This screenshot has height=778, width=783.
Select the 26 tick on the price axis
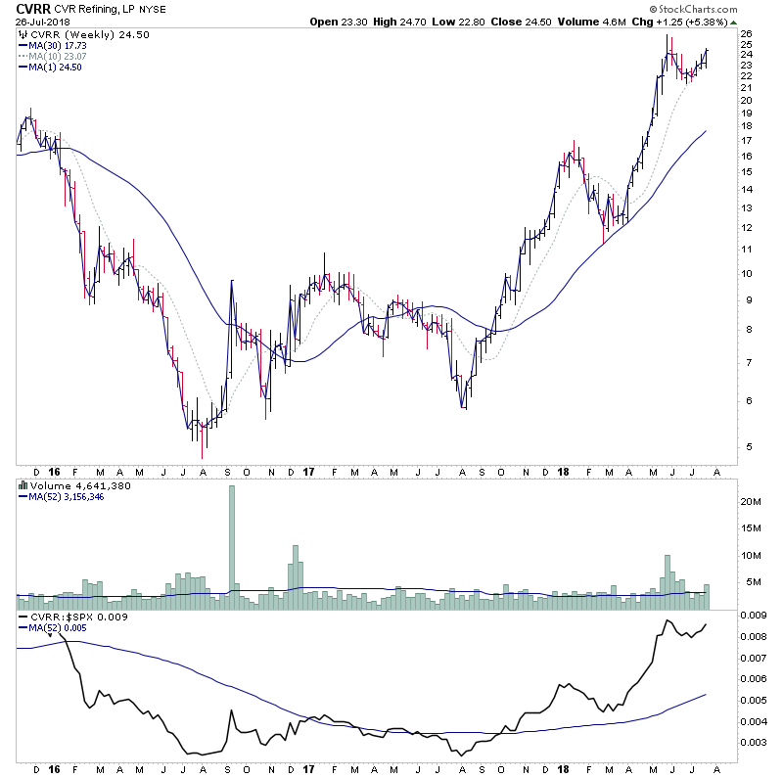[x=746, y=34]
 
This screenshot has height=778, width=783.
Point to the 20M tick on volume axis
[x=749, y=502]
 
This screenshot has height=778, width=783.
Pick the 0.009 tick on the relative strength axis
[x=752, y=616]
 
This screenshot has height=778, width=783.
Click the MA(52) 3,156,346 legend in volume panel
[x=69, y=495]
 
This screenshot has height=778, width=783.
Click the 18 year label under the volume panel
[x=565, y=607]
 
